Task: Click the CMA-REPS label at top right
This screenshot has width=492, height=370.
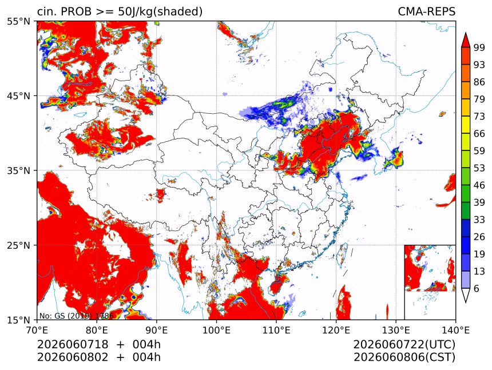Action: [x=426, y=11]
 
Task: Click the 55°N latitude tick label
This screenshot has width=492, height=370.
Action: [x=18, y=21]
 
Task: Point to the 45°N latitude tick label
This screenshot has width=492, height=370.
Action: [x=18, y=96]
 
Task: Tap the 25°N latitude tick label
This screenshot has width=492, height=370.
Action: [x=18, y=245]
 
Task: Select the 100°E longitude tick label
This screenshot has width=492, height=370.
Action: [x=216, y=330]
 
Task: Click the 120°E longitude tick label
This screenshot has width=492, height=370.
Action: [x=336, y=330]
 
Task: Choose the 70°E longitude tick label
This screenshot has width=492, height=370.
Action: [x=37, y=330]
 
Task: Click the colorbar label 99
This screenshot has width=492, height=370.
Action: [x=479, y=47]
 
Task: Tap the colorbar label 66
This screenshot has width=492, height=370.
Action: [x=479, y=134]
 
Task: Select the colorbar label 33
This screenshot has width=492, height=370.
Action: [x=479, y=220]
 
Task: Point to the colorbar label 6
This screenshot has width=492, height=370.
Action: [x=477, y=288]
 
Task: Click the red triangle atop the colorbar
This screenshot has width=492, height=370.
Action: [x=465, y=41]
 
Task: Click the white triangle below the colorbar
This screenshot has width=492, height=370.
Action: [x=465, y=295]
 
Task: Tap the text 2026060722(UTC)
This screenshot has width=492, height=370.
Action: [x=404, y=345]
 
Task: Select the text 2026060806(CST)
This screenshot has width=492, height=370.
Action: [x=404, y=357]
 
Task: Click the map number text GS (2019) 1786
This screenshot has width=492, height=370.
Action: [x=84, y=316]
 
